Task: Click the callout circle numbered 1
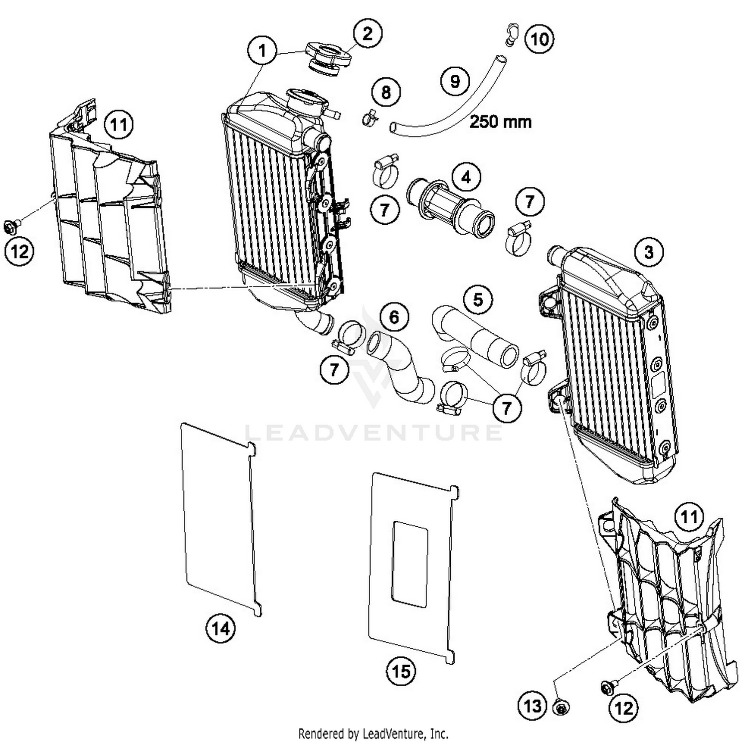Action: coord(262,50)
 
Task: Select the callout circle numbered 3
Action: coord(648,252)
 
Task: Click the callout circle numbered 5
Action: coord(478,299)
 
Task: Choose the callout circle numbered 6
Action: coord(394,317)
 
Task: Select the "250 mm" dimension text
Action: coord(500,122)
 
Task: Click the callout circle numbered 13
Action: coord(532,705)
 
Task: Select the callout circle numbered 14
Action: coord(221,628)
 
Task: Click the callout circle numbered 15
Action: coord(401,671)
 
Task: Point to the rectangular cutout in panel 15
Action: coord(410,563)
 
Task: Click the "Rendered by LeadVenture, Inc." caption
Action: coord(373,734)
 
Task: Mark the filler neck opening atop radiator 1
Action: coord(306,95)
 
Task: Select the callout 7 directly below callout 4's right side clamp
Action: coord(530,201)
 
